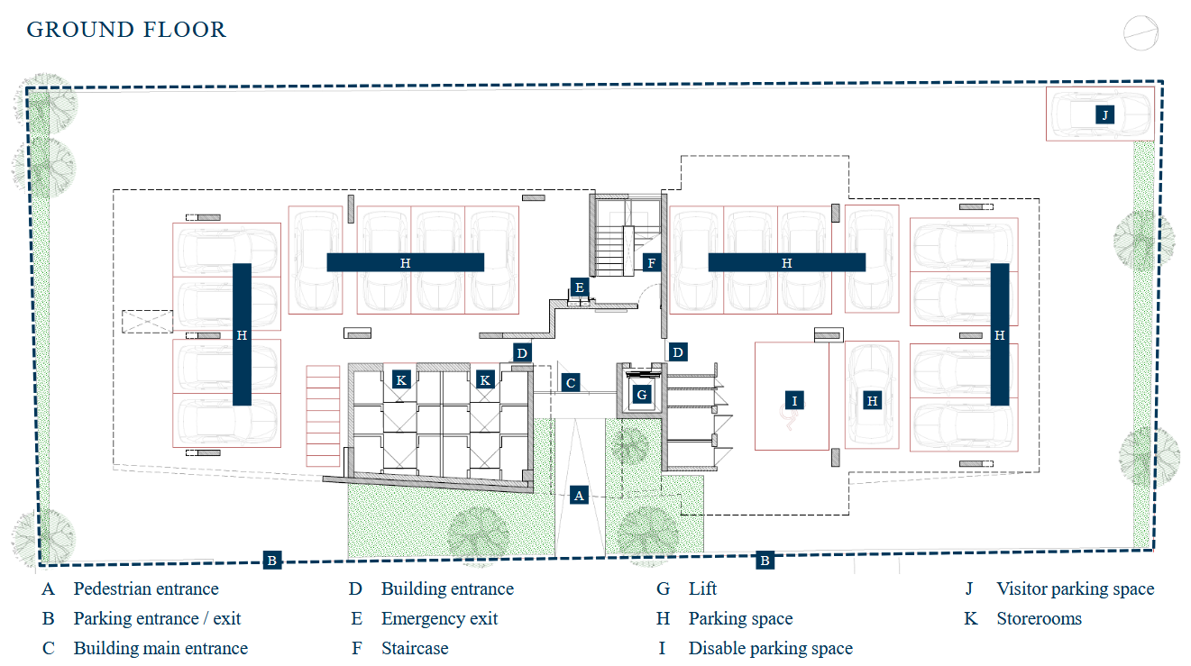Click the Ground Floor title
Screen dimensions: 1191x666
[x=126, y=30]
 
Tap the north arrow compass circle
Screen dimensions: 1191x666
[x=1141, y=33]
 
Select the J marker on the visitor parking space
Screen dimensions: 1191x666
[x=1104, y=114]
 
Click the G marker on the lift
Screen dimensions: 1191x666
[x=642, y=395]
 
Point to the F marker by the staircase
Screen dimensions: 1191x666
[x=652, y=262]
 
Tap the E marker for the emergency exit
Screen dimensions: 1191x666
[x=580, y=287]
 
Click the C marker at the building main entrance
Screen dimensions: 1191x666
[x=571, y=383]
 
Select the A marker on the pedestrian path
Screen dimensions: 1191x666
[x=579, y=496]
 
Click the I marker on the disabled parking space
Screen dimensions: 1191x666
[x=794, y=401]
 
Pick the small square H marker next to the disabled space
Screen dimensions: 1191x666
[x=872, y=401]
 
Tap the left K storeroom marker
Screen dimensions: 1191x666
[x=401, y=380]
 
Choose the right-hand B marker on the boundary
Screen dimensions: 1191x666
[x=765, y=561]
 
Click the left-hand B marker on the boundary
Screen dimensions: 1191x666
[x=271, y=561]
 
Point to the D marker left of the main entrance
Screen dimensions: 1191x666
[x=522, y=353]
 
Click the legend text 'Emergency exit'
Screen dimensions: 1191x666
[x=439, y=619]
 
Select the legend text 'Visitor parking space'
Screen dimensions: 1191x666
[x=1075, y=588]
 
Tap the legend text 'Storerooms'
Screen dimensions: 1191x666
[x=1039, y=619]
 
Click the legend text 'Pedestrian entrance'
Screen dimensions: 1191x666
[x=146, y=588]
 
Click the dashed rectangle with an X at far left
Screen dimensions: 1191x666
[x=147, y=322]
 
